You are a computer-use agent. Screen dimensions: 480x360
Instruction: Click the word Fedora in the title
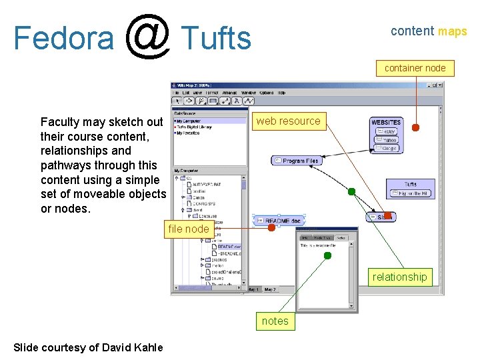[63, 38]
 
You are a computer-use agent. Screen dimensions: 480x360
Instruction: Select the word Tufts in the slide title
[216, 38]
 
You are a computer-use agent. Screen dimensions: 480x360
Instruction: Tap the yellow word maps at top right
[452, 31]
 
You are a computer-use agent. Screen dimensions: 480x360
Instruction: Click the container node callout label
[415, 68]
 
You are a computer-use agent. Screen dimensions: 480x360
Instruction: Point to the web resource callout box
[288, 121]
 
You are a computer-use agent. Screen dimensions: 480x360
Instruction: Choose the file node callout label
[188, 229]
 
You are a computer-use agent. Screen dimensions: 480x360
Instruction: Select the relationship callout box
[399, 277]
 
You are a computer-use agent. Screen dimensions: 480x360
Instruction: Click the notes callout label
[275, 321]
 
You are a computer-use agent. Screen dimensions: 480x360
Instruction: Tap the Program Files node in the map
[297, 161]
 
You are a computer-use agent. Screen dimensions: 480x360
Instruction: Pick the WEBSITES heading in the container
[386, 123]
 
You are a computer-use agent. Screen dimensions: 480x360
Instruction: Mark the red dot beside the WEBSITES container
[415, 128]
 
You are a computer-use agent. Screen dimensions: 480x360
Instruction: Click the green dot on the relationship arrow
[351, 192]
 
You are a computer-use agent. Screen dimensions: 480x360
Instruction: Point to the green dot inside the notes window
[327, 255]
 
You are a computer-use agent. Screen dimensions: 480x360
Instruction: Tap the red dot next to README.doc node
[271, 228]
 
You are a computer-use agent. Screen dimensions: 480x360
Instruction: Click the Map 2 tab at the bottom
[270, 289]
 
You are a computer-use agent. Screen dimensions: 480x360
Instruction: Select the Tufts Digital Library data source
[194, 127]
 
